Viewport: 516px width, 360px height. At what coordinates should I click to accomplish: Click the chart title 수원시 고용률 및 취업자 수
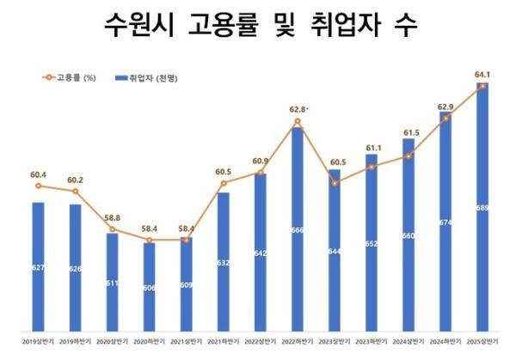(258, 26)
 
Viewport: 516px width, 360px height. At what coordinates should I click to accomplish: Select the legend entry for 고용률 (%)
(64, 78)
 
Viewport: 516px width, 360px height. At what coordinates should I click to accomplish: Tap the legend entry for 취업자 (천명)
(151, 78)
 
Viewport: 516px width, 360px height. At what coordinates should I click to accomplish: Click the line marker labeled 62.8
(297, 121)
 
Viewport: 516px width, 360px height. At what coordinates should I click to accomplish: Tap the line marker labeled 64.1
(482, 86)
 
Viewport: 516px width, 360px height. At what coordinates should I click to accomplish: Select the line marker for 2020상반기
(112, 229)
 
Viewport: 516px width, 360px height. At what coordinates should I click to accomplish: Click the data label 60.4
(37, 175)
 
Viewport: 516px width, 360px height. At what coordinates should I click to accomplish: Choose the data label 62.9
(445, 107)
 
